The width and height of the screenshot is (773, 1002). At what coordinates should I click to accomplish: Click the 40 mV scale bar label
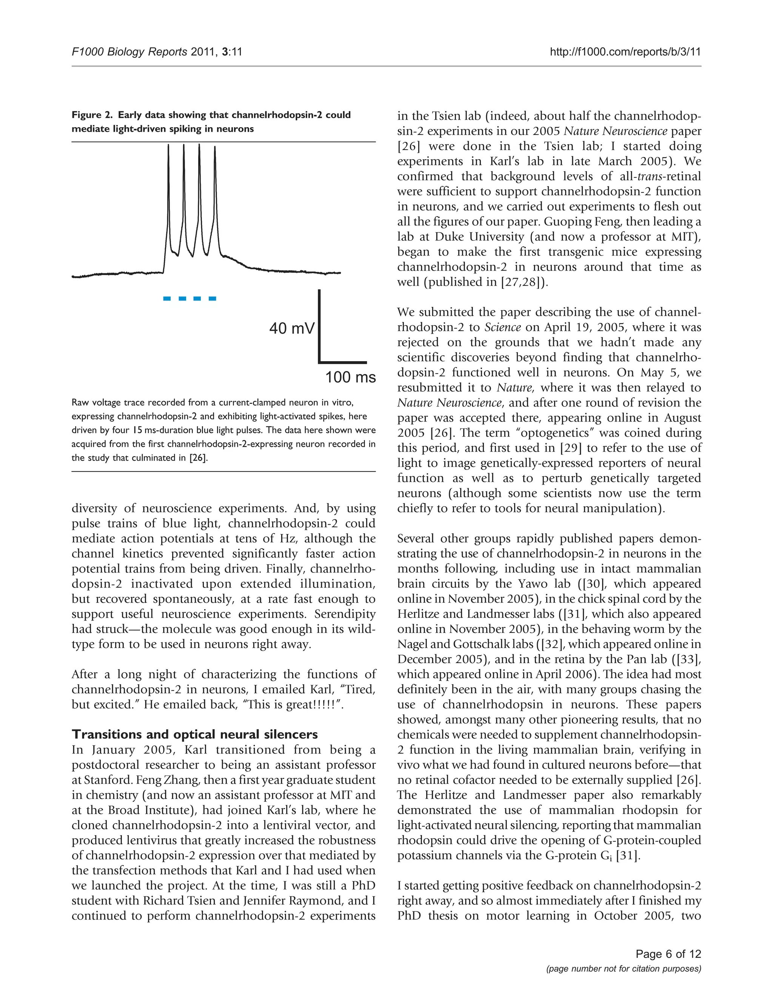pyautogui.click(x=292, y=328)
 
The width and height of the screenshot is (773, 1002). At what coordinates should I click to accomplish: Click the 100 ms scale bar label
pyautogui.click(x=350, y=377)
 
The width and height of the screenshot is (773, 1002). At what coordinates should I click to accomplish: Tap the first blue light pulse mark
pyautogui.click(x=168, y=299)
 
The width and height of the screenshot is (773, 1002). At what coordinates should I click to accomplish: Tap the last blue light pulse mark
pyautogui.click(x=212, y=299)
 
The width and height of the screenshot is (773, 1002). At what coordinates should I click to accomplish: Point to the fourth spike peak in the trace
pyautogui.click(x=215, y=147)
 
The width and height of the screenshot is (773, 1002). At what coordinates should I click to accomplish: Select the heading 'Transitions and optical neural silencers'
pyautogui.click(x=194, y=734)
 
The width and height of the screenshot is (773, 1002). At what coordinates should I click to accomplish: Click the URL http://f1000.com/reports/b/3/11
pyautogui.click(x=625, y=52)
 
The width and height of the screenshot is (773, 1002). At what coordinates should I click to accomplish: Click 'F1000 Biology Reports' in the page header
pyautogui.click(x=129, y=52)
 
